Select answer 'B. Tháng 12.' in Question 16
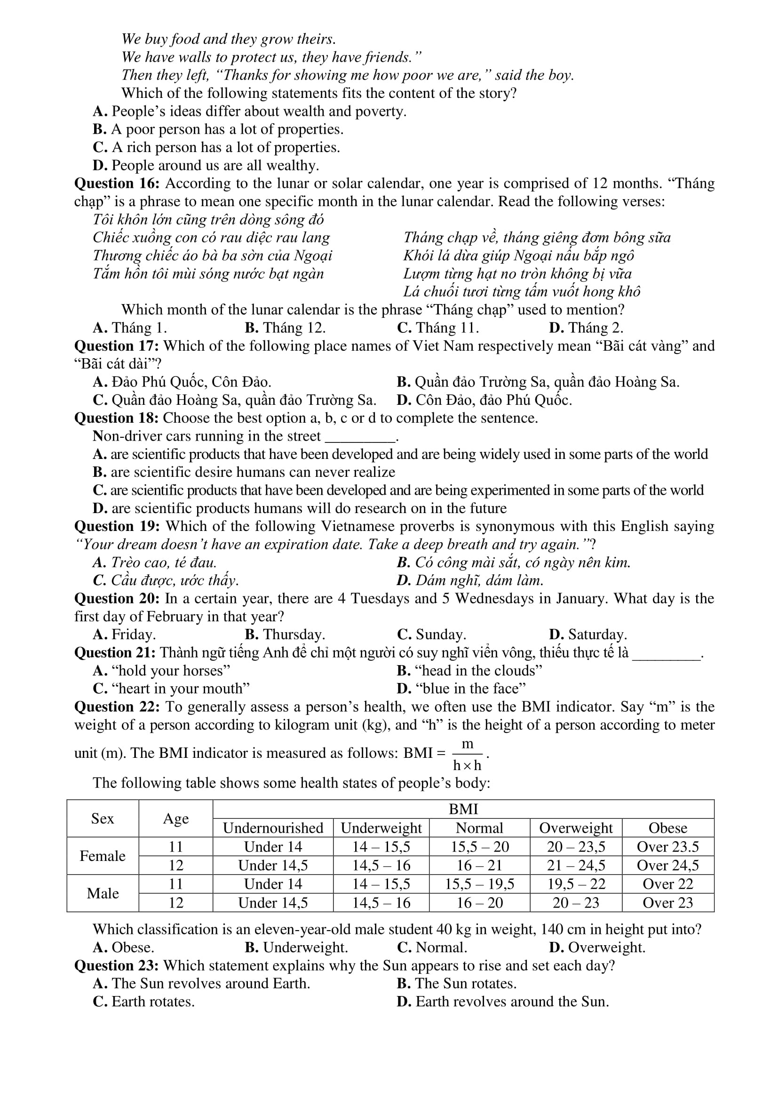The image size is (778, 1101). click(x=285, y=328)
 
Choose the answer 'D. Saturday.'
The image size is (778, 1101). click(x=588, y=635)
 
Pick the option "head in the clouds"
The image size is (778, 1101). click(x=469, y=670)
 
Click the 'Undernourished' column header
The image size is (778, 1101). click(x=273, y=828)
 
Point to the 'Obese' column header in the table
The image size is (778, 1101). click(x=668, y=828)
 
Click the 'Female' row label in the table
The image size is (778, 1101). click(x=103, y=856)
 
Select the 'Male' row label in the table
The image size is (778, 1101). click(x=103, y=893)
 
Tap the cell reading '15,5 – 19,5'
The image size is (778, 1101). click(x=479, y=884)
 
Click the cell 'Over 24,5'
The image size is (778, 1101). click(x=668, y=865)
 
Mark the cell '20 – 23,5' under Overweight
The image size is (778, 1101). click(x=576, y=847)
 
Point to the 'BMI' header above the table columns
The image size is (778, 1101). click(x=463, y=810)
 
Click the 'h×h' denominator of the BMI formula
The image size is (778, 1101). click(x=467, y=765)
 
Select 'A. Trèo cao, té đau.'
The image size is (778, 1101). click(x=154, y=563)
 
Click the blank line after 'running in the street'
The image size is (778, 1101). click(x=360, y=437)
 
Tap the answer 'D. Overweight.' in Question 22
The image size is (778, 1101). click(x=597, y=948)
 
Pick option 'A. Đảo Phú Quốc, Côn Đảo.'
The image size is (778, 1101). click(x=182, y=382)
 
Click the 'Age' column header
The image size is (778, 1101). click(x=176, y=819)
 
